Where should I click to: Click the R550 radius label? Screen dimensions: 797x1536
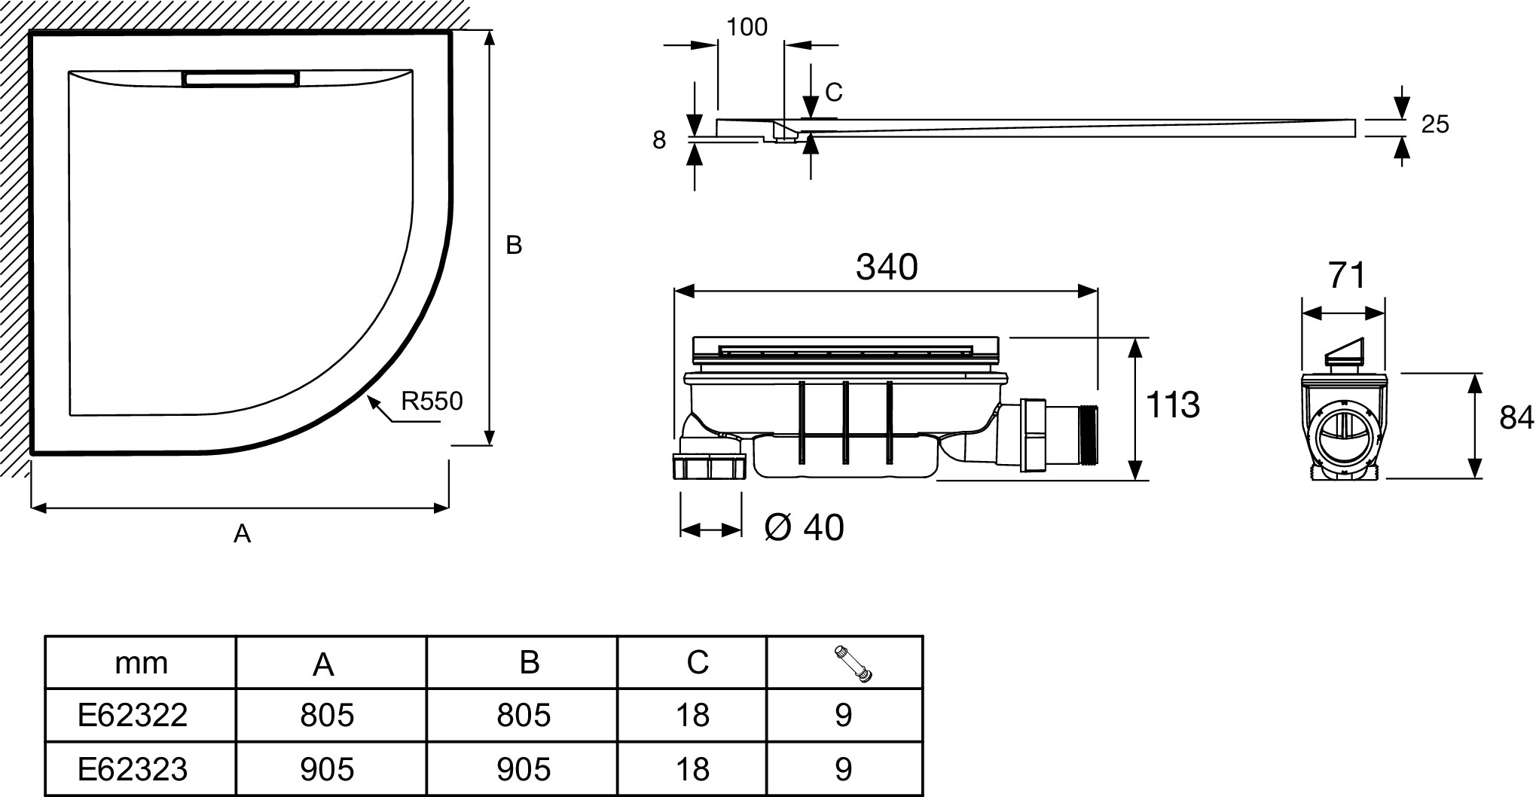pyautogui.click(x=431, y=401)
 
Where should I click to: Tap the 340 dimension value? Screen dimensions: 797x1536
pyautogui.click(x=887, y=267)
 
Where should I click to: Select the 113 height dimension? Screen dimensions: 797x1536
pyautogui.click(x=1172, y=405)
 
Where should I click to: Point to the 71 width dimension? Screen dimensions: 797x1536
pyautogui.click(x=1347, y=276)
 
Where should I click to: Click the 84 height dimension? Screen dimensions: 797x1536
pyautogui.click(x=1516, y=417)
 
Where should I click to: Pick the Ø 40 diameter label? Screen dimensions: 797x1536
pyautogui.click(x=804, y=527)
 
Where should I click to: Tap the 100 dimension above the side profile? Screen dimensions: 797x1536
pyautogui.click(x=747, y=27)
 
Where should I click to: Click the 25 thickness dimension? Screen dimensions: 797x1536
pyautogui.click(x=1434, y=124)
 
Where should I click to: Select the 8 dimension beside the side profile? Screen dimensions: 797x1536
pyautogui.click(x=659, y=140)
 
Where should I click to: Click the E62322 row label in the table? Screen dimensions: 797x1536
pyautogui.click(x=133, y=714)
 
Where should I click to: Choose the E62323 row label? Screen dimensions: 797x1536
pyautogui.click(x=133, y=769)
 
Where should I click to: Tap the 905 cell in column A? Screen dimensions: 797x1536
pyautogui.click(x=327, y=769)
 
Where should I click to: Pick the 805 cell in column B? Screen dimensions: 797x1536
pyautogui.click(x=524, y=714)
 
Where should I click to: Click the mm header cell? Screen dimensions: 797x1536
pyautogui.click(x=141, y=663)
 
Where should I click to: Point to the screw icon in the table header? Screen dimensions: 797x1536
pyautogui.click(x=854, y=663)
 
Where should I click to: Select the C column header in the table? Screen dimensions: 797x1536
pyautogui.click(x=698, y=661)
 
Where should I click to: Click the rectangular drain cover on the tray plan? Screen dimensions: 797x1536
pyautogui.click(x=240, y=78)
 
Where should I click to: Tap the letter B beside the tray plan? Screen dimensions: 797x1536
pyautogui.click(x=514, y=245)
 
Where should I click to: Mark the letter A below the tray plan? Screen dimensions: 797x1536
pyautogui.click(x=242, y=533)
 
